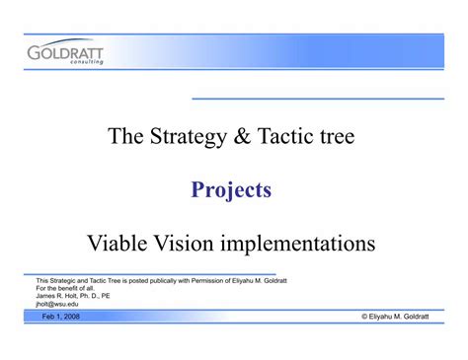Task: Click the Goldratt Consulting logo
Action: click(x=67, y=53)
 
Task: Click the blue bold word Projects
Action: click(x=231, y=190)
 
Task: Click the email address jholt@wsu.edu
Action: click(x=57, y=304)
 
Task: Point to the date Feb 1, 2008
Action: click(x=62, y=318)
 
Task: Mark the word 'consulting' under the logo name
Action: click(x=84, y=62)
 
